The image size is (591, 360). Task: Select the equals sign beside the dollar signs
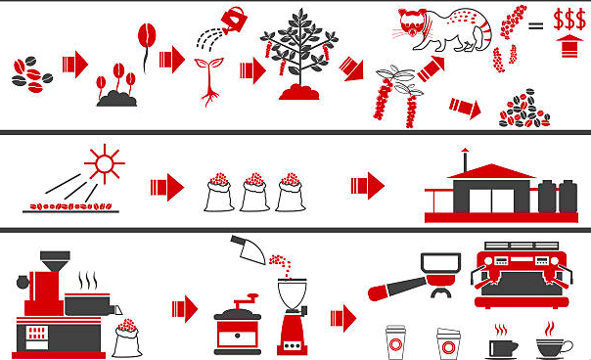[x=535, y=25]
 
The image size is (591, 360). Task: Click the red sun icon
[x=105, y=164]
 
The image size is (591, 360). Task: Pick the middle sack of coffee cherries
[x=254, y=193]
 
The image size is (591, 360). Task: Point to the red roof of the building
[x=491, y=171]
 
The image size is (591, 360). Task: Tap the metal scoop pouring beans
[x=250, y=249]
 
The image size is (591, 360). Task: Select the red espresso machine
[x=522, y=275]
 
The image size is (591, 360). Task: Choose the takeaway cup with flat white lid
[x=395, y=342]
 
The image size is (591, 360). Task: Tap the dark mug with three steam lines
[x=502, y=345]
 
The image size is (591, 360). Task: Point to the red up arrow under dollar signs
[x=569, y=46]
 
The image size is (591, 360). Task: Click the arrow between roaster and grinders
[x=185, y=309]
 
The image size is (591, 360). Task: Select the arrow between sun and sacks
[x=167, y=188]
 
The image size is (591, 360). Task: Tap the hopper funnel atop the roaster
[x=55, y=261]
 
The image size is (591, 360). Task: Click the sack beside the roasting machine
[x=127, y=338]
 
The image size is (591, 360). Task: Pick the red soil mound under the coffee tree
[x=299, y=92]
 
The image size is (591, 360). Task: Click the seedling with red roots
[x=208, y=82]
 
